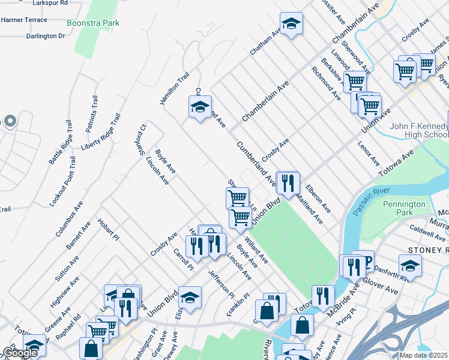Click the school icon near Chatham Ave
click(291, 24)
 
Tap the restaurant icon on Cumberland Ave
click(288, 182)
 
